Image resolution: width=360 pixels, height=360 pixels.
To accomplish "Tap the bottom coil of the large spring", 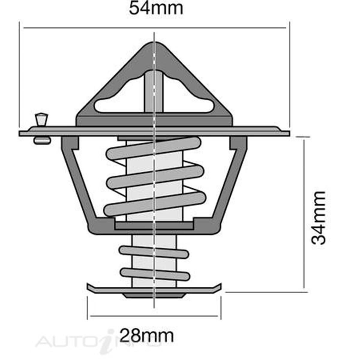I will point(155,204).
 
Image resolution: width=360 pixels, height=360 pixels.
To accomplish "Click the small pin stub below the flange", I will point(42,140).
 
